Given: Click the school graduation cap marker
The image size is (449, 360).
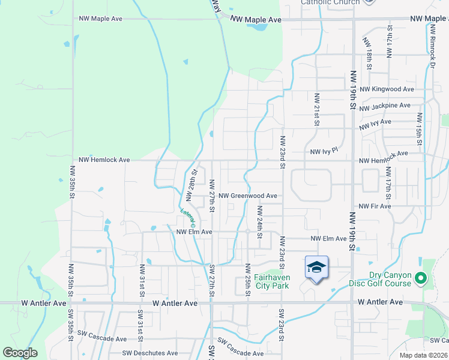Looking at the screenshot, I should click(x=317, y=267).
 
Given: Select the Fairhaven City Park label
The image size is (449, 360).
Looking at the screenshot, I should click(x=271, y=281).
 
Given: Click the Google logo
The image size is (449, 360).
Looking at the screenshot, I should click(x=20, y=353).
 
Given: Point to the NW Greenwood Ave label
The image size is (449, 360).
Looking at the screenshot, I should click(x=247, y=196).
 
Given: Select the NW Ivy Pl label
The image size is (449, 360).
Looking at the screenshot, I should click(x=325, y=152).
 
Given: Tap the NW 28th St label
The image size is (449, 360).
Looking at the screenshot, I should click(x=191, y=185).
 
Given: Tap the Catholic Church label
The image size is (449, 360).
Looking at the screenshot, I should click(x=330, y=2).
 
